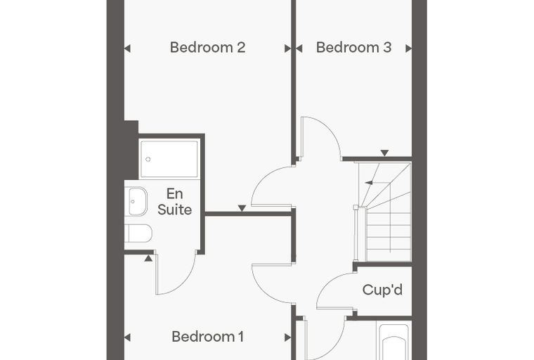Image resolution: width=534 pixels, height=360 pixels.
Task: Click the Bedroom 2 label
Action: click(207, 47)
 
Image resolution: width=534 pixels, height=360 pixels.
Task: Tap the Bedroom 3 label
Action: click(353, 47)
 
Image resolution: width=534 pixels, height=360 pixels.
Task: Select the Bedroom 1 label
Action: click(207, 337)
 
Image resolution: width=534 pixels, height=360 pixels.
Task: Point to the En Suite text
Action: click(174, 202)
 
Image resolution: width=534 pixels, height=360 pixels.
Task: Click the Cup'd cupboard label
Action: click(382, 290)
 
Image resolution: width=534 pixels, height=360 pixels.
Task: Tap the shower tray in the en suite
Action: click(169, 159)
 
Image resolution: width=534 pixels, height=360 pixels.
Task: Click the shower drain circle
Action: click(148, 159)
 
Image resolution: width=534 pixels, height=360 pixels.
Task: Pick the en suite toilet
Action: click(138, 233)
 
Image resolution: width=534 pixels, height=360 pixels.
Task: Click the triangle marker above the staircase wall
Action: click(384, 153)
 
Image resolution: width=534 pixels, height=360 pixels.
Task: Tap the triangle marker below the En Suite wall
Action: click(148, 258)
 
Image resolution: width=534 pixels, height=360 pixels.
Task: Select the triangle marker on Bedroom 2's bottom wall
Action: click(242, 208)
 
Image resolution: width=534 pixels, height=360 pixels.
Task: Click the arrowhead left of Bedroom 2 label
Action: click(127, 49)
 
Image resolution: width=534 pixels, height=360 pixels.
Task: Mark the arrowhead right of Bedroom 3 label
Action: click(409, 49)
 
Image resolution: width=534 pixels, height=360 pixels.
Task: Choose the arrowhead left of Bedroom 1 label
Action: click(127, 337)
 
